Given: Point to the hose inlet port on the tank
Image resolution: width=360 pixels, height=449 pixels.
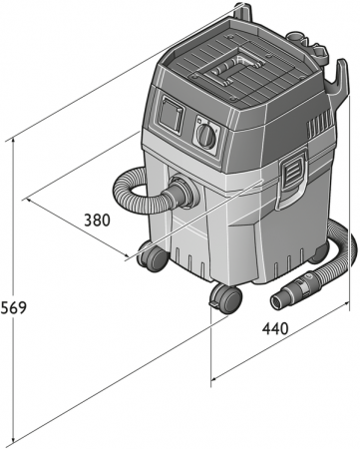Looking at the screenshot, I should point(180,195).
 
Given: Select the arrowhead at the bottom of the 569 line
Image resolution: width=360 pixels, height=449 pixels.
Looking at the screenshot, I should point(14,441).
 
